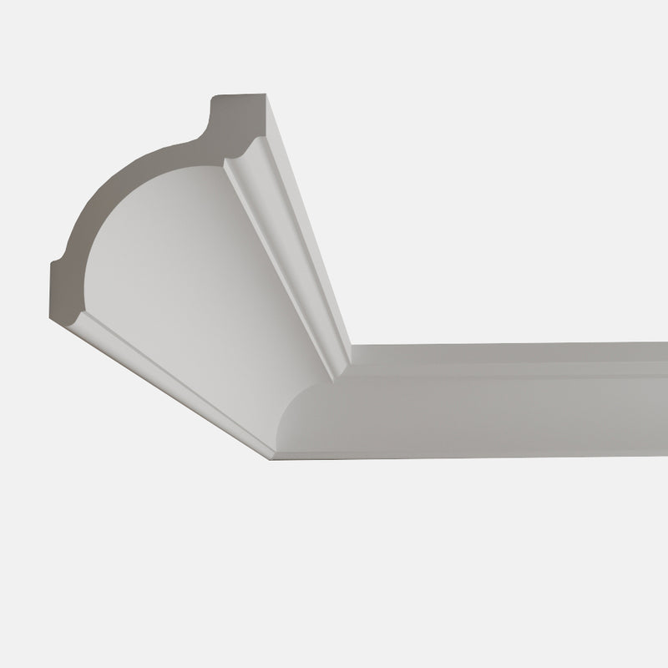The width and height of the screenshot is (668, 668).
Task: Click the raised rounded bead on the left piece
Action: tap(284, 250)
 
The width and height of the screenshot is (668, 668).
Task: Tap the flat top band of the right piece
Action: tap(501, 355)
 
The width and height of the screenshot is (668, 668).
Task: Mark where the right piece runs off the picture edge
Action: tap(664, 392)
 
